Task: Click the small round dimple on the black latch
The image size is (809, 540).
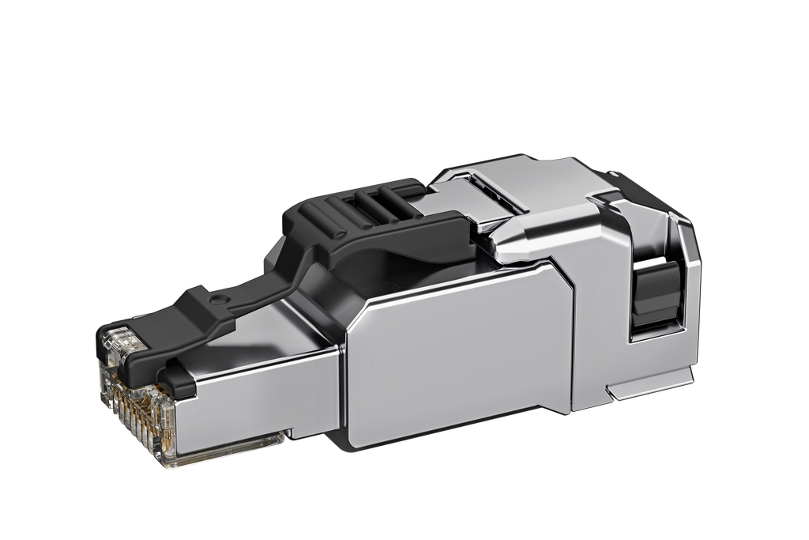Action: point(219,298)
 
